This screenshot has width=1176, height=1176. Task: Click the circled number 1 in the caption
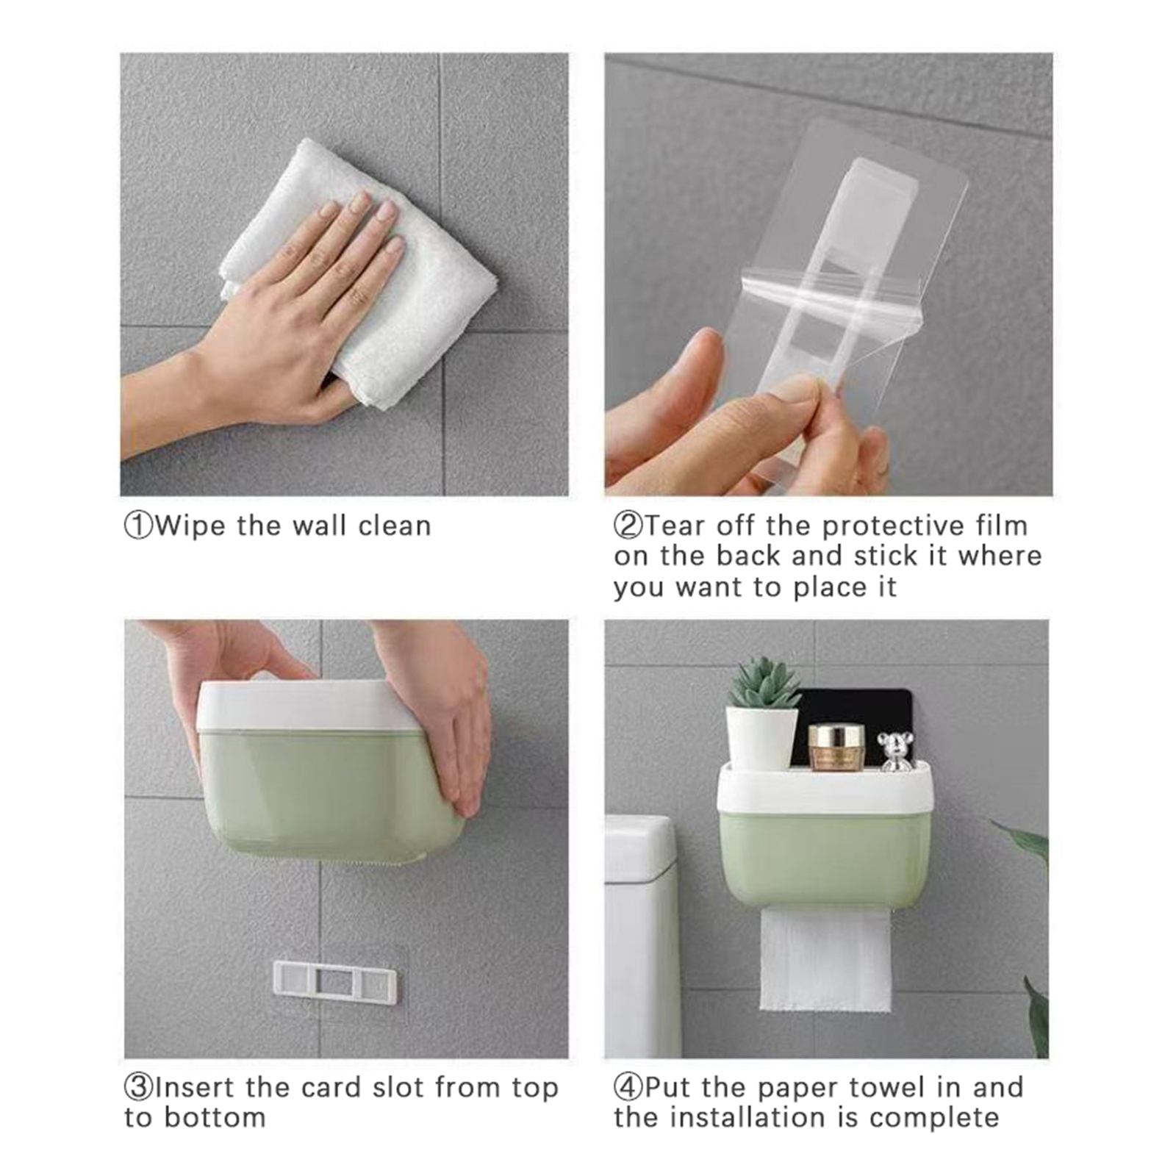(138, 526)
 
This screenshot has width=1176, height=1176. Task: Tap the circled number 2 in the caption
(628, 526)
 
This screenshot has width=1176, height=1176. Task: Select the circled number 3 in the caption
(138, 1088)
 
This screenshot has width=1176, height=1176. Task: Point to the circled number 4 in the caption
(628, 1088)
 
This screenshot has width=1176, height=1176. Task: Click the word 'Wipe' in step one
(190, 527)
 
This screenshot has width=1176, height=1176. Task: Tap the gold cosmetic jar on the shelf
(837, 747)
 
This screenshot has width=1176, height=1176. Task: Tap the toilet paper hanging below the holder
(825, 960)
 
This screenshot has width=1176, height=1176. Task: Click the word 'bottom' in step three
(215, 1118)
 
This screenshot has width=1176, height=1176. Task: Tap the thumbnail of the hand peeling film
(829, 274)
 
